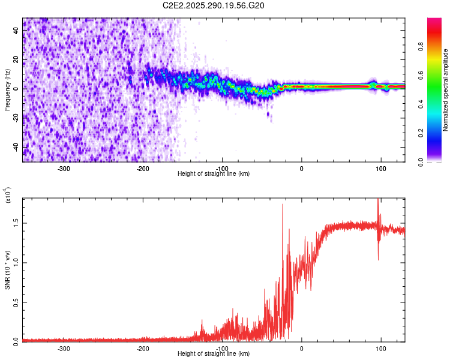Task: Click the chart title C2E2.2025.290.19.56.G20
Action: point(214,5)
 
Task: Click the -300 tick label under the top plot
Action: point(64,168)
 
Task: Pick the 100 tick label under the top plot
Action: point(380,168)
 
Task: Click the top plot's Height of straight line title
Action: point(214,174)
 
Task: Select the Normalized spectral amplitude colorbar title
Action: point(446,90)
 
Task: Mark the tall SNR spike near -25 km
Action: point(282,207)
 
